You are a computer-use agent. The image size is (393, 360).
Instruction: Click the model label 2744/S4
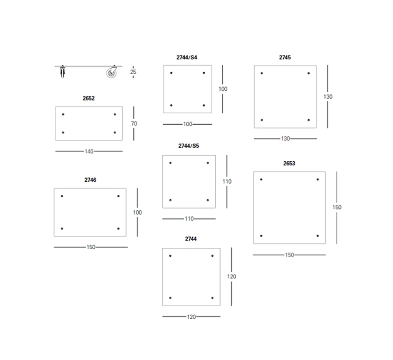point(187,57)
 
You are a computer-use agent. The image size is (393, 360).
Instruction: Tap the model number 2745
point(285,57)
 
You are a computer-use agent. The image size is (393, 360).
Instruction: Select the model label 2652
point(88,98)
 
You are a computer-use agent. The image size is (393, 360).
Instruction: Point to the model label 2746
point(90,180)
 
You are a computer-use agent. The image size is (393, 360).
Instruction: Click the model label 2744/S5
point(188,146)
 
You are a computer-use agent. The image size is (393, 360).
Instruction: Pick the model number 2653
point(289,163)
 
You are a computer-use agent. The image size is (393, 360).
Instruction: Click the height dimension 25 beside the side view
point(133,72)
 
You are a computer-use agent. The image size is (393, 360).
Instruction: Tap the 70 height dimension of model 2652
point(134,124)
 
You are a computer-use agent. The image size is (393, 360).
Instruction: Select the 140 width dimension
point(89,152)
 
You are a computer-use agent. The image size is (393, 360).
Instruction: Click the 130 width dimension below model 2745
point(286,139)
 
